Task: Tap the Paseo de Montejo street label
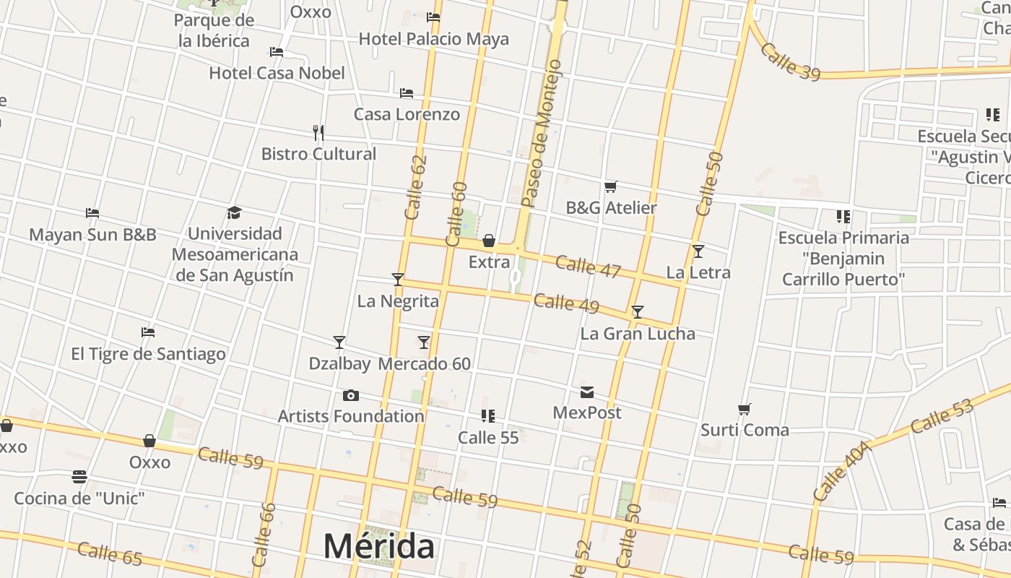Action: click(x=541, y=134)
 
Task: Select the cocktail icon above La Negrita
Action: click(x=397, y=279)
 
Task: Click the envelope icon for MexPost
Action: click(x=587, y=392)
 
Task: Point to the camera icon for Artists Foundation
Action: click(x=351, y=395)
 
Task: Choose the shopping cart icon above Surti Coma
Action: click(x=745, y=410)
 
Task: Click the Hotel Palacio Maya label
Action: click(x=433, y=39)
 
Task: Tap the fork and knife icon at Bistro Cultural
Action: click(x=318, y=132)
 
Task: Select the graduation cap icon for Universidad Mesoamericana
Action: click(x=234, y=212)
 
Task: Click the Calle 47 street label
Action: click(x=588, y=267)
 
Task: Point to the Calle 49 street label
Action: click(x=566, y=303)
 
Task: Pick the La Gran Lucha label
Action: click(x=638, y=334)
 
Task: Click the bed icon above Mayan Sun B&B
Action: click(x=92, y=213)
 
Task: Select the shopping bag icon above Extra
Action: click(x=489, y=241)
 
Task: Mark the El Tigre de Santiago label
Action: click(x=148, y=354)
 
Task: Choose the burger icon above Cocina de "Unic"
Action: click(x=79, y=477)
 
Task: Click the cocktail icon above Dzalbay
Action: click(x=339, y=342)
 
